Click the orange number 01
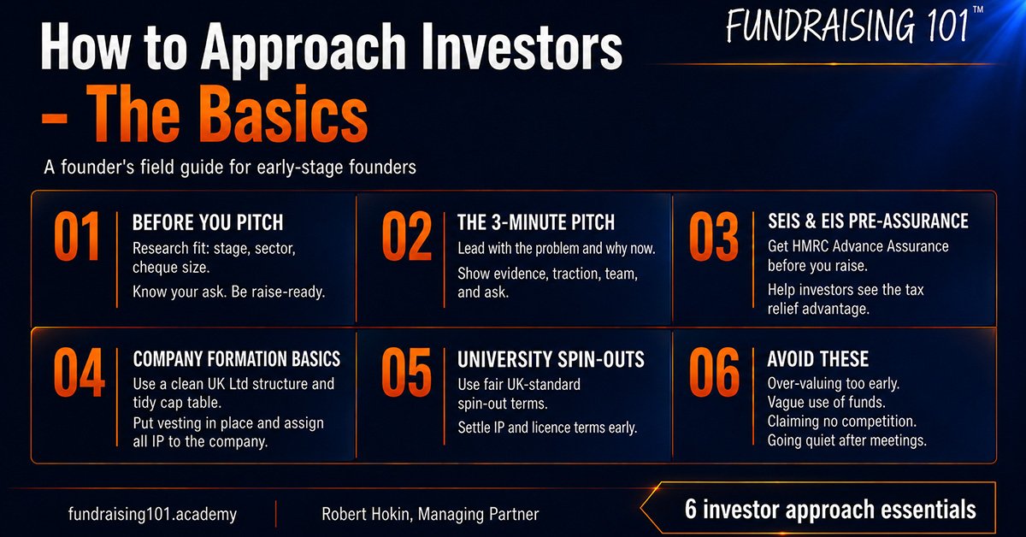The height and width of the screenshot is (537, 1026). [x=77, y=236]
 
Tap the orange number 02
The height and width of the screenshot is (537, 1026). [x=407, y=236]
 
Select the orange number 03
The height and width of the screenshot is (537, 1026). [x=714, y=236]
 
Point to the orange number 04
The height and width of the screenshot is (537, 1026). [x=79, y=372]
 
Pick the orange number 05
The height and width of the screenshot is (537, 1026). [x=407, y=372]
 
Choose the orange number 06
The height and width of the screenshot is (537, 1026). [x=714, y=372]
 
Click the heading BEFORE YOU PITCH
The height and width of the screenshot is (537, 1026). [x=208, y=222]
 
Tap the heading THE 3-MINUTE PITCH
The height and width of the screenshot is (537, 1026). [x=536, y=222]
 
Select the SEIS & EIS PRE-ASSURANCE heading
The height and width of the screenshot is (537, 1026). [x=868, y=221]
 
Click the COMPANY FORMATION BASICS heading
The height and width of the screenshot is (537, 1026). [x=237, y=359]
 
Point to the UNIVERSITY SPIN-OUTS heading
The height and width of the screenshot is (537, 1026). [x=551, y=359]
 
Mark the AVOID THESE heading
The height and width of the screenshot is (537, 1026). [x=818, y=359]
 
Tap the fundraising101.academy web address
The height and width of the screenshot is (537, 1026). [x=152, y=514]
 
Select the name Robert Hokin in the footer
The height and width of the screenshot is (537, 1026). [x=366, y=514]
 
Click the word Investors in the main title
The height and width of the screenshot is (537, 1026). [x=522, y=47]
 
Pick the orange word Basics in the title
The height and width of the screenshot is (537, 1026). [x=285, y=114]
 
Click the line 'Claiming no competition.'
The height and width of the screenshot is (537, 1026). [x=842, y=422]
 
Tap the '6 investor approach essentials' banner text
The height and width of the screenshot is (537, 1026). [x=830, y=510]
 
